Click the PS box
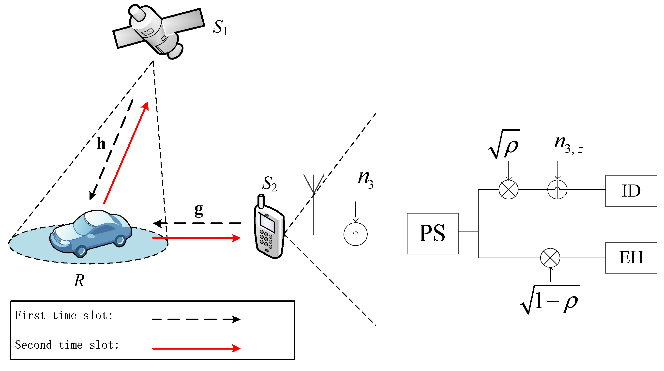tap(433, 233)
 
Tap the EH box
tap(631, 258)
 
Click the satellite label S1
tap(220, 27)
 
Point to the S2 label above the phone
tap(269, 184)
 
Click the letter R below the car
tap(79, 281)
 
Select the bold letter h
tap(101, 144)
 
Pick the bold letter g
tap(199, 210)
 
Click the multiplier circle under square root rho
tap(508, 190)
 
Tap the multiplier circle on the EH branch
tap(550, 258)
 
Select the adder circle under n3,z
tap(557, 190)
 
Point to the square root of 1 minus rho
tap(550, 301)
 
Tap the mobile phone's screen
tap(267, 222)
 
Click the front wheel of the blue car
tap(81, 251)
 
